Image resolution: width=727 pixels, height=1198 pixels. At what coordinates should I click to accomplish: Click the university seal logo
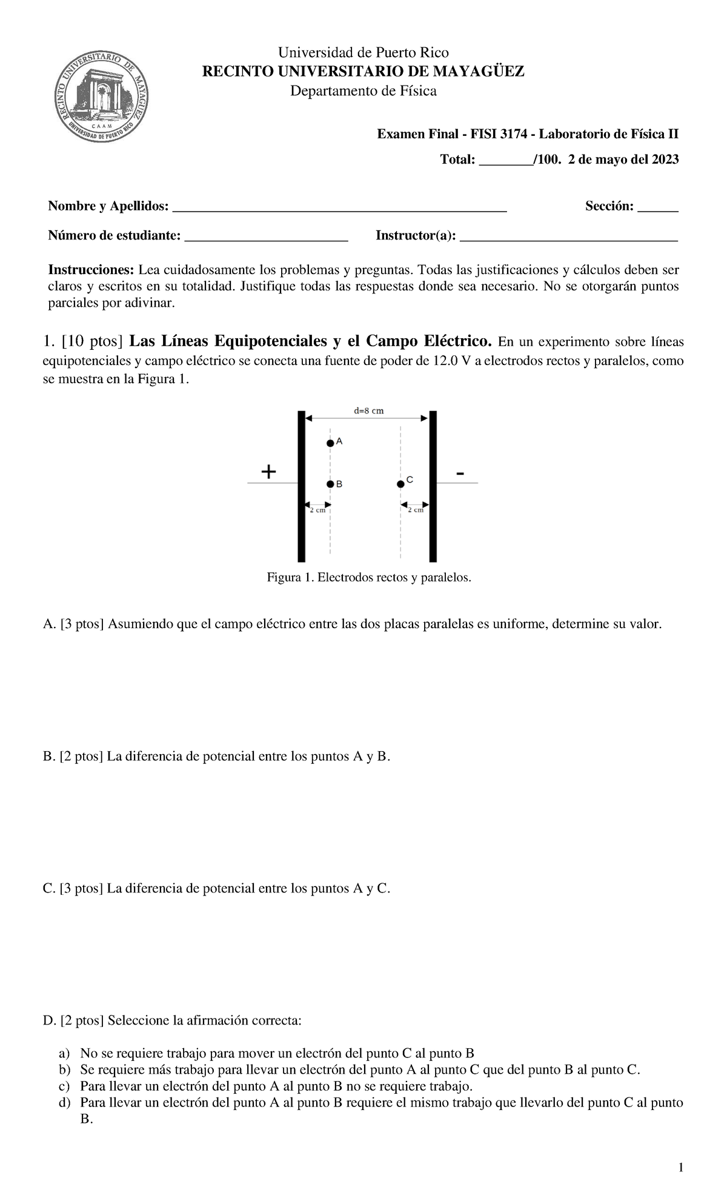pos(102,95)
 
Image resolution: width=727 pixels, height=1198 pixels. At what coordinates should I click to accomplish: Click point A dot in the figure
pos(330,443)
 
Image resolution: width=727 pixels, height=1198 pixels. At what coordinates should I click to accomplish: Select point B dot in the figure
pos(330,484)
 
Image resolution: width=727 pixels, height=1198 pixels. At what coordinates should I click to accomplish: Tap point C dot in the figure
pos(400,484)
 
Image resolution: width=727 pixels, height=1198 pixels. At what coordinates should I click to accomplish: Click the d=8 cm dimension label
pos(368,410)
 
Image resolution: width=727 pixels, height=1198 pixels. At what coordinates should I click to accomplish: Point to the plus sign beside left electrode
pos(268,471)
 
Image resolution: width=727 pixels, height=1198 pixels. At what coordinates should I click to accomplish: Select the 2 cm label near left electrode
pos(317,510)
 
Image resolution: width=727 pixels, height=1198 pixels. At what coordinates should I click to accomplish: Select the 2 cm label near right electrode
pos(415,510)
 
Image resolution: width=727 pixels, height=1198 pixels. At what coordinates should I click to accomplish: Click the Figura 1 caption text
pos(368,578)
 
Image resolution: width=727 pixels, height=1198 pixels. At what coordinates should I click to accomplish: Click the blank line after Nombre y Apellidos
pos(339,210)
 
